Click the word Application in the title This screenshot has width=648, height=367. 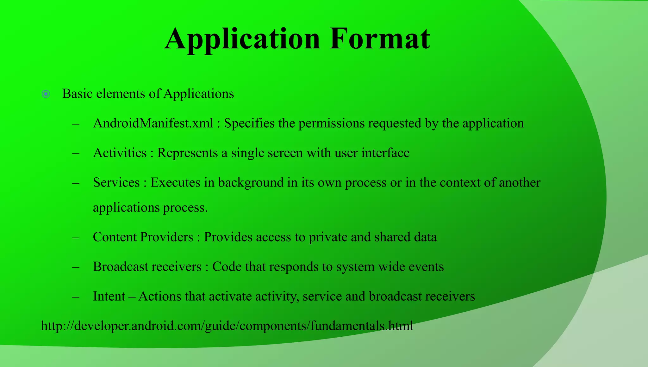pos(242,39)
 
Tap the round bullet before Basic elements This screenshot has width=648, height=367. pos(46,94)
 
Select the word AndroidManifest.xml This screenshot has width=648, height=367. pos(153,123)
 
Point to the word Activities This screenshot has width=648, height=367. pos(120,153)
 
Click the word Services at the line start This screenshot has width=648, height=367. pos(116,183)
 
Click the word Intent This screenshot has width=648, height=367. pos(109,297)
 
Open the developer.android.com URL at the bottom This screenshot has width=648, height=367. pos(227,326)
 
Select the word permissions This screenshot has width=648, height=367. pos(332,123)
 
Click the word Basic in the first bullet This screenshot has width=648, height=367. pos(77,94)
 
